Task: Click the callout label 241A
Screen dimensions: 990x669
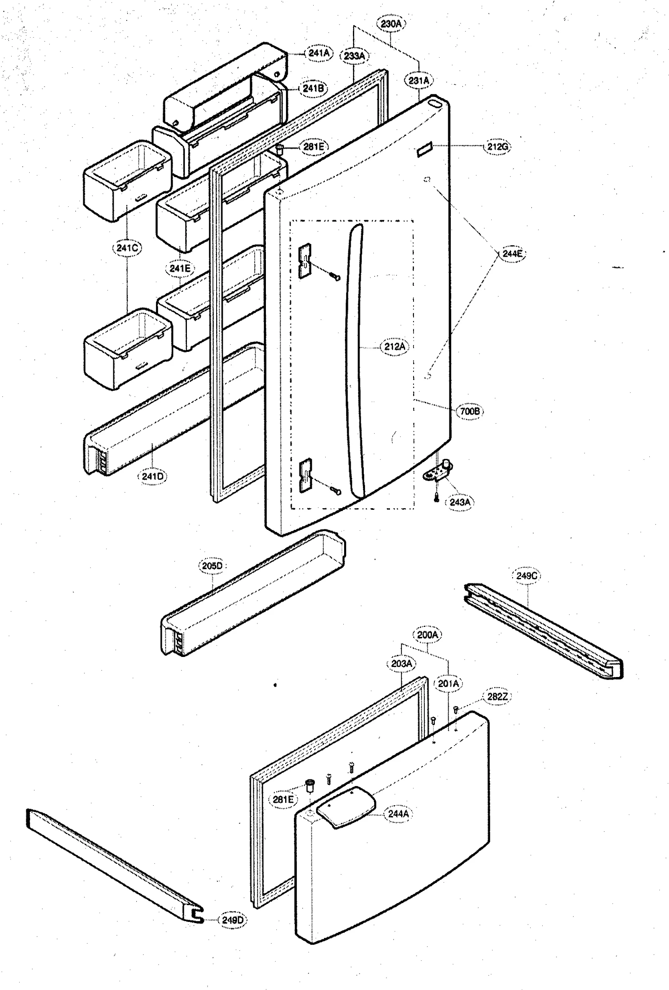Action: tap(319, 53)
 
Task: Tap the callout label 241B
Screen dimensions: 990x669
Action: tap(313, 89)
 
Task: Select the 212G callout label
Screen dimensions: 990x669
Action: tap(497, 147)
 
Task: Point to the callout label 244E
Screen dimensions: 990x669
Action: tap(512, 254)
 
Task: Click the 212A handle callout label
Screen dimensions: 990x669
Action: tap(395, 347)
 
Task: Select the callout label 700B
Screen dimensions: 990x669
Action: tap(470, 411)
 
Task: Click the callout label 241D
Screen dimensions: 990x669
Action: tap(152, 476)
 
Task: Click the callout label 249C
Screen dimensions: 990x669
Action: tap(526, 576)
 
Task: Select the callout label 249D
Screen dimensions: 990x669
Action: tap(232, 920)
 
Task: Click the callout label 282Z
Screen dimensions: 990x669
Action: tap(497, 697)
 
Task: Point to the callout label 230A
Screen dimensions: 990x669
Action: tap(391, 24)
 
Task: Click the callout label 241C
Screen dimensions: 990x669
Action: tap(127, 248)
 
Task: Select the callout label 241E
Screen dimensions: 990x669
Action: tap(179, 268)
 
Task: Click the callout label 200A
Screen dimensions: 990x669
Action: tap(427, 635)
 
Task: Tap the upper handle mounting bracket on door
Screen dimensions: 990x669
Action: tap(304, 261)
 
